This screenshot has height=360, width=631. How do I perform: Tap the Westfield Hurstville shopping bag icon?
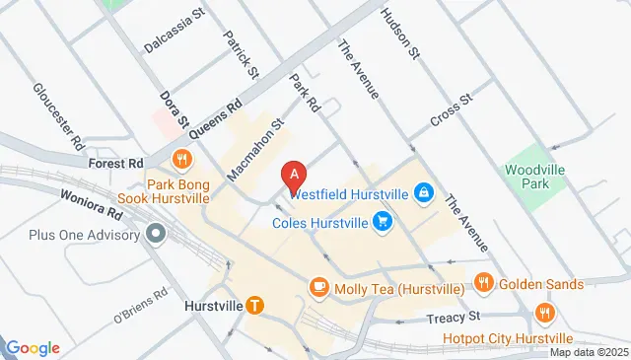tap(423, 191)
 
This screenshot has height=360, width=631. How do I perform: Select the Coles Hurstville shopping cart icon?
tap(383, 222)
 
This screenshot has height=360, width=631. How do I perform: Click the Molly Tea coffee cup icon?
tap(318, 287)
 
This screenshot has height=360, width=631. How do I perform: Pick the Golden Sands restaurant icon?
tap(483, 283)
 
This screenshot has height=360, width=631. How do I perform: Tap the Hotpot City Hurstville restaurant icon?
tap(542, 313)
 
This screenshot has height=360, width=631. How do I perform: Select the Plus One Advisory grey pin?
tap(155, 234)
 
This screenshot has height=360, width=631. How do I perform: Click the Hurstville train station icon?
tap(255, 306)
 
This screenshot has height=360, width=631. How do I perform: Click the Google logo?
tap(33, 348)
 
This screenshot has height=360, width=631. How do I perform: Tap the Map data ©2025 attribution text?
tap(589, 352)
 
